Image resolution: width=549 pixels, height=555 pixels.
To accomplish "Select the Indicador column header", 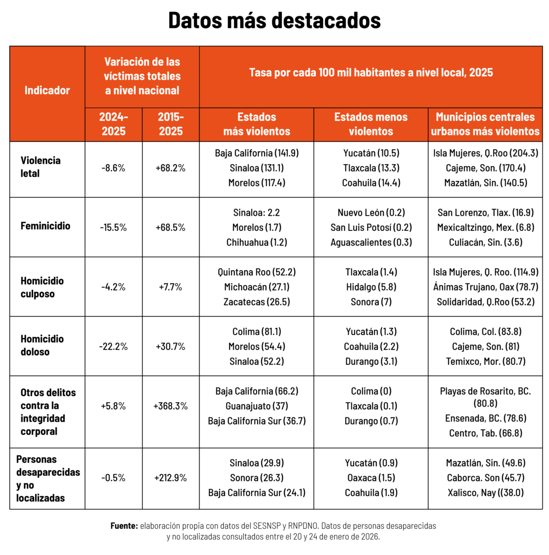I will click(x=47, y=90).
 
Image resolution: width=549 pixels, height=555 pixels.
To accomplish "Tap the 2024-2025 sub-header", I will click(x=113, y=124).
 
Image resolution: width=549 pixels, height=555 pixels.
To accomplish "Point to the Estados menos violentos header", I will click(x=370, y=124).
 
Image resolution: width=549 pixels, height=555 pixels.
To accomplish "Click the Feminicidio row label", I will click(x=46, y=226).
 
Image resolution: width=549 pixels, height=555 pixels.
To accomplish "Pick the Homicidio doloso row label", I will click(x=42, y=345).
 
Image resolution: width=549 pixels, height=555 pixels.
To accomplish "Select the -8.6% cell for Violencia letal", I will click(x=113, y=168).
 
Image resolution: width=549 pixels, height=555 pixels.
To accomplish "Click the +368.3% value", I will click(x=171, y=406).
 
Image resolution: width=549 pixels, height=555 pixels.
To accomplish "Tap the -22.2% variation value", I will click(x=113, y=346).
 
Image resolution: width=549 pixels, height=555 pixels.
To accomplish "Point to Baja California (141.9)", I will click(x=257, y=153).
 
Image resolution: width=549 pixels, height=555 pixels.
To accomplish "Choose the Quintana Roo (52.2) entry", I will click(x=257, y=272).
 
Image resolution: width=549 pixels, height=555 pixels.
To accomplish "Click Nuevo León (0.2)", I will click(x=371, y=213).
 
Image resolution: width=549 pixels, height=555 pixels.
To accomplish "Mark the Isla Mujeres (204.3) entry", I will click(x=486, y=153).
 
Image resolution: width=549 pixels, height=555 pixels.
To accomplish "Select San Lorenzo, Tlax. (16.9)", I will click(x=486, y=213).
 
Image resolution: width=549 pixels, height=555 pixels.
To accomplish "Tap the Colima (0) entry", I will click(x=371, y=391).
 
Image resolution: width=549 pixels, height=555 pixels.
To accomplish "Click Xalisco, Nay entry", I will click(x=486, y=493).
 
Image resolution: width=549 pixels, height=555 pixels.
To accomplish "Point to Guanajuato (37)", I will click(x=257, y=406).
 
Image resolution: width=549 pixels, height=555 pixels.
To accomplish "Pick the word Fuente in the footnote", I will click(x=124, y=526).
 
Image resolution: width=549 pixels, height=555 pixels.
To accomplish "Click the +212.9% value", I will click(x=171, y=478).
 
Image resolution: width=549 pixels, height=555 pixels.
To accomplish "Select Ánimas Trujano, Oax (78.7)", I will click(x=486, y=287).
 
